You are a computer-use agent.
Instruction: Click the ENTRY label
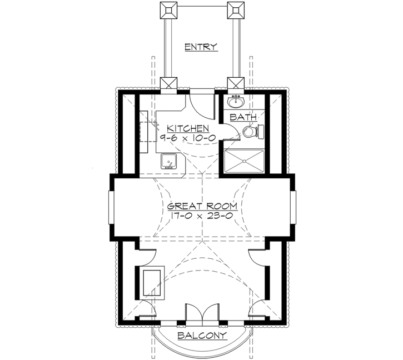point(201,47)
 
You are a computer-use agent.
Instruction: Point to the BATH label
point(243,117)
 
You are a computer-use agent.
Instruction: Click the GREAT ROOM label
point(202,206)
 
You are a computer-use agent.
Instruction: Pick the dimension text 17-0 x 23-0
point(202,216)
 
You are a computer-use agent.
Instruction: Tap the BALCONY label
point(202,336)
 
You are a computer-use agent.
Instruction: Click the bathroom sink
point(236,101)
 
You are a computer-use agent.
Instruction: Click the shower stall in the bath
point(244,161)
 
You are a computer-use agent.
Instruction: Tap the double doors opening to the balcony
point(200,313)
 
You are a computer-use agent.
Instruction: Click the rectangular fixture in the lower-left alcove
point(151,283)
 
